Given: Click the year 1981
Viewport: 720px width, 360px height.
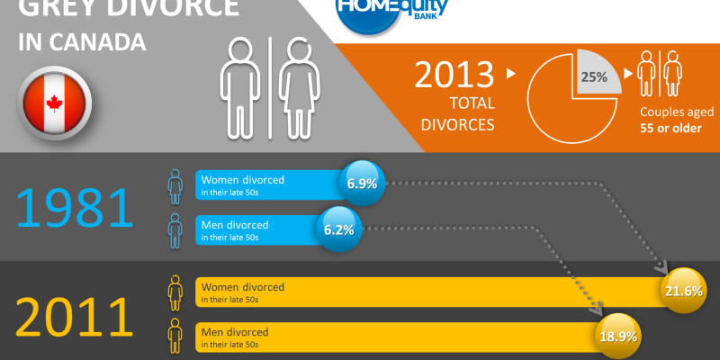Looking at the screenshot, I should coord(76,206).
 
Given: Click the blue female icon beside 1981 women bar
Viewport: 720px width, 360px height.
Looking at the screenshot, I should coord(175,185).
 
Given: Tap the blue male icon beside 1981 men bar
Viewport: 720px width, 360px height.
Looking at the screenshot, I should coord(175,229).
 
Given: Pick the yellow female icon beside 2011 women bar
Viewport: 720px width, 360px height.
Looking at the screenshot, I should coord(175,292).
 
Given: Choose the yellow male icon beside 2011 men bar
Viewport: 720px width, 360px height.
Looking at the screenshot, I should coord(175,335).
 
